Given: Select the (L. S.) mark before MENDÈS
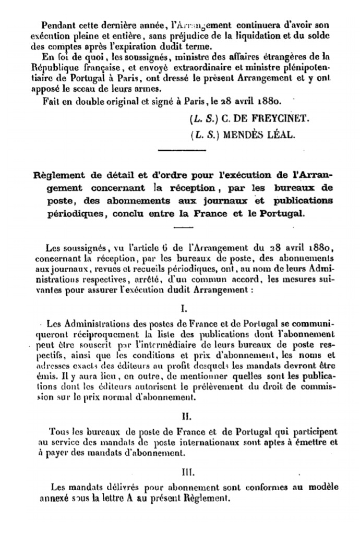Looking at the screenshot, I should (x=205, y=134).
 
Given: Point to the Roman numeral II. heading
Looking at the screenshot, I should (x=179, y=417).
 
